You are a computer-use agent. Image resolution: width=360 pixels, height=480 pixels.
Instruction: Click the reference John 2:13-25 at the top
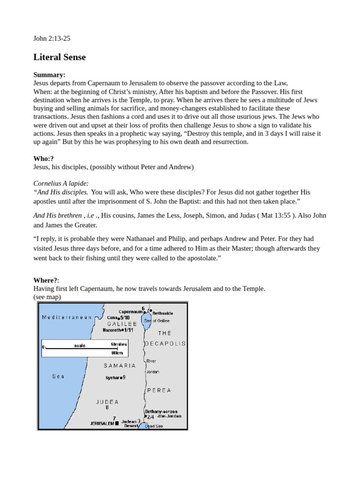pyautogui.click(x=52, y=38)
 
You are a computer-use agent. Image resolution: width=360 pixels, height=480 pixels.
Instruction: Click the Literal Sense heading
pyautogui.click(x=60, y=57)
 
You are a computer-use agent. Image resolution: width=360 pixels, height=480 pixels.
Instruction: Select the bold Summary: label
pyautogui.click(x=49, y=75)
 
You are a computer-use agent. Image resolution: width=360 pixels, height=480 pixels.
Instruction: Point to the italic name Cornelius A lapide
pyautogui.click(x=61, y=183)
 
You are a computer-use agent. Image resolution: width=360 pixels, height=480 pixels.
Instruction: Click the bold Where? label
pyautogui.click(x=46, y=280)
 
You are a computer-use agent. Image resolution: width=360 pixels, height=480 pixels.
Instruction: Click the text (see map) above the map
pyautogui.click(x=47, y=297)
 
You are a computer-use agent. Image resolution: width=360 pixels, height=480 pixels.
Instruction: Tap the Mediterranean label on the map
pyautogui.click(x=67, y=317)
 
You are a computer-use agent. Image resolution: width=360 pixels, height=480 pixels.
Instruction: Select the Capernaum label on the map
pyautogui.click(x=130, y=312)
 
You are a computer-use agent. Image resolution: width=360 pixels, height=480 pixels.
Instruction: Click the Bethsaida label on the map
pyautogui.click(x=163, y=313)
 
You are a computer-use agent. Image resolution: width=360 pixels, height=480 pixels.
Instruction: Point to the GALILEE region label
pyautogui.click(x=122, y=324)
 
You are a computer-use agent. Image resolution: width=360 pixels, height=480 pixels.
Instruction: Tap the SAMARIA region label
pyautogui.click(x=120, y=366)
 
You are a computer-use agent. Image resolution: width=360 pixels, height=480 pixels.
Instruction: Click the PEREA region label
pyautogui.click(x=159, y=390)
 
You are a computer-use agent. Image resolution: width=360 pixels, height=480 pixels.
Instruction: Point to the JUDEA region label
pyautogui.click(x=107, y=402)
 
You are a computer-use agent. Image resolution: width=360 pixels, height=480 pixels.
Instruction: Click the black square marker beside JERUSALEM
pyautogui.click(x=117, y=423)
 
